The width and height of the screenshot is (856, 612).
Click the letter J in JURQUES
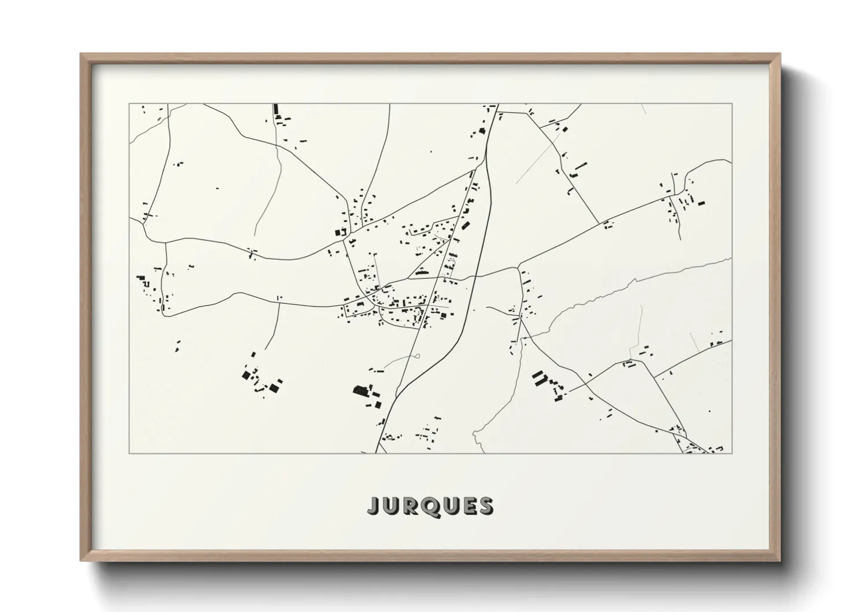point(373,506)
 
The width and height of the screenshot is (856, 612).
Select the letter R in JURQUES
point(410,506)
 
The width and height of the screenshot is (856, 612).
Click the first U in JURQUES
point(391,506)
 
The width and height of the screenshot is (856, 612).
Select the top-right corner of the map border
point(732,104)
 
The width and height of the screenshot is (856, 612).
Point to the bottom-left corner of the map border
point(129,453)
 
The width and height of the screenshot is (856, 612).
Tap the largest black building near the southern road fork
point(361,392)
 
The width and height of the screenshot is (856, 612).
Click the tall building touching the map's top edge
point(276,109)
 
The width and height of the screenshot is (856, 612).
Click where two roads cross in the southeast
point(586,384)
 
